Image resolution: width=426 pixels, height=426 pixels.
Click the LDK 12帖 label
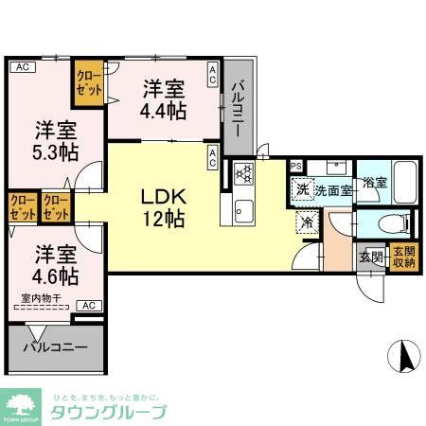(162, 207)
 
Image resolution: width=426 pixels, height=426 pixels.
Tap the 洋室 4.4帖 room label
(162, 98)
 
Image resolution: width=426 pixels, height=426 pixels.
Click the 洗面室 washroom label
(333, 189)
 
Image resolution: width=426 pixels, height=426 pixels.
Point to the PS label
(296, 167)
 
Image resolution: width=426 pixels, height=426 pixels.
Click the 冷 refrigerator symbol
(307, 223)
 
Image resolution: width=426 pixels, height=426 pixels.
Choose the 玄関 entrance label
(370, 256)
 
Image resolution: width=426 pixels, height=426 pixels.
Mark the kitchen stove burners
(242, 173)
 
